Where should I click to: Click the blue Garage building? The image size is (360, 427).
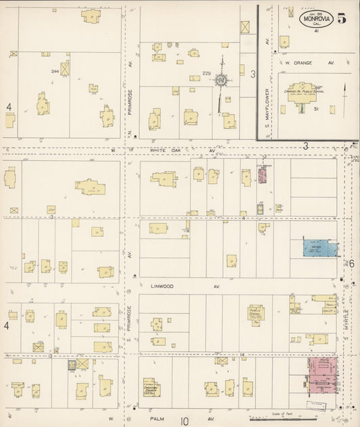(x=320, y=247)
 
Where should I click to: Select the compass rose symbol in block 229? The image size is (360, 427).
(x=221, y=81)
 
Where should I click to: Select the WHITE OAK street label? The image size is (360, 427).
(x=166, y=150)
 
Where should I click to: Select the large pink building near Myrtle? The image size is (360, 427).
(x=322, y=376)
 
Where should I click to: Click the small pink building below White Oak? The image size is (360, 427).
(x=263, y=175)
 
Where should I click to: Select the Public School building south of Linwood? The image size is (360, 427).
(x=255, y=313)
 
